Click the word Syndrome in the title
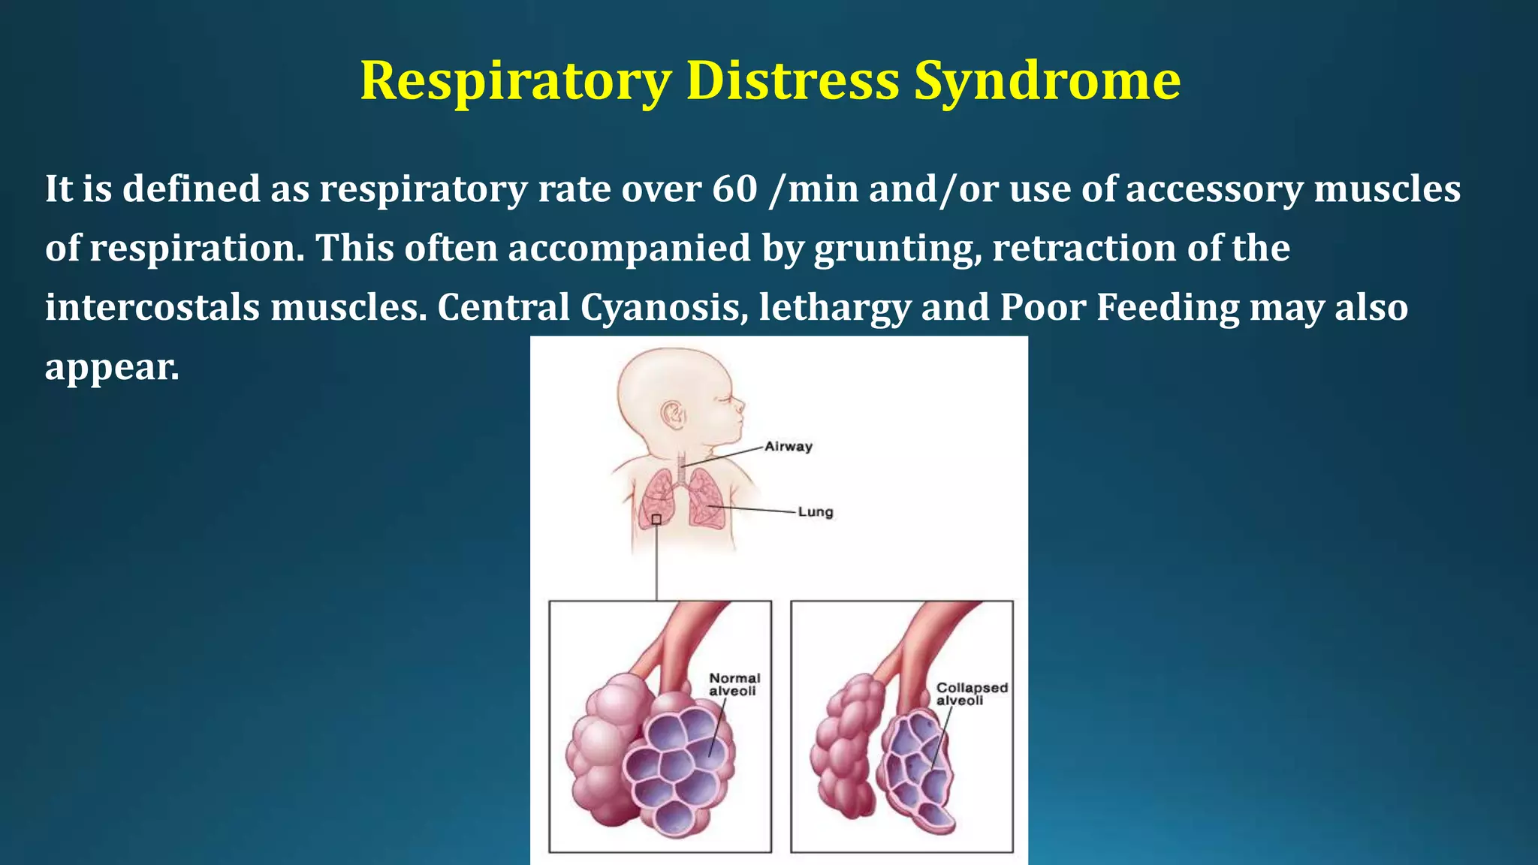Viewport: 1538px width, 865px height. pyautogui.click(x=1047, y=81)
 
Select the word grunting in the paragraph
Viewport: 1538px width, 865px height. pyautogui.click(x=898, y=249)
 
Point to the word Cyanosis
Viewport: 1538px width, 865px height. pyautogui.click(x=664, y=308)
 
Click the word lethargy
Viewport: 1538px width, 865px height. pyautogui.click(x=834, y=308)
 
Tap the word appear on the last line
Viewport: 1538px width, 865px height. pyautogui.click(x=112, y=368)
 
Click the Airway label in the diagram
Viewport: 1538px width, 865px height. pyautogui.click(x=789, y=447)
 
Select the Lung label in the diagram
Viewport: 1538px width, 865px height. pyautogui.click(x=816, y=512)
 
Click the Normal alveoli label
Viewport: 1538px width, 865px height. pyautogui.click(x=734, y=684)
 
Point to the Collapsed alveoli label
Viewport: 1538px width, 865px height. pyautogui.click(x=972, y=694)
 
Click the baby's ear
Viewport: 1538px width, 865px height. pyautogui.click(x=673, y=414)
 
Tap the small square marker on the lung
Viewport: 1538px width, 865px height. pyautogui.click(x=656, y=520)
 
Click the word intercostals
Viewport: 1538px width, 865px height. pyautogui.click(x=152, y=308)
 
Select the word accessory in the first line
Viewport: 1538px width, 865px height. pyautogui.click(x=1214, y=188)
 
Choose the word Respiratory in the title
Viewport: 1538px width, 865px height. pyautogui.click(x=516, y=81)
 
